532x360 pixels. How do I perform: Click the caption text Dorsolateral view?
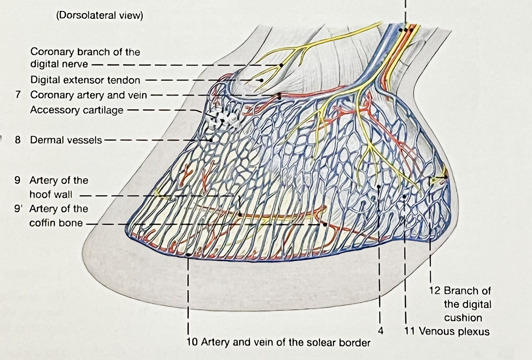coord(99,15)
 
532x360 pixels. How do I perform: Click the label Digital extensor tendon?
coord(85,80)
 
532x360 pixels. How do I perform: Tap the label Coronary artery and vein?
coord(88,95)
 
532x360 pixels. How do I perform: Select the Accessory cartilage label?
coord(77,110)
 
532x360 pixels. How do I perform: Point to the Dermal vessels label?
coord(66,140)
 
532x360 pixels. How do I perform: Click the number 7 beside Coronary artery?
coord(18,95)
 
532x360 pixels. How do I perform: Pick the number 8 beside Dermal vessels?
coord(18,140)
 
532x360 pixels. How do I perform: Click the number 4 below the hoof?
coord(381,331)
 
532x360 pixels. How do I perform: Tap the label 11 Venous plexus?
coord(447,331)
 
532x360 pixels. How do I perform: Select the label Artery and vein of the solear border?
coord(278,342)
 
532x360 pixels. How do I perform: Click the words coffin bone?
coord(56,223)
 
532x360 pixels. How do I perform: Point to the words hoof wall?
coord(51,194)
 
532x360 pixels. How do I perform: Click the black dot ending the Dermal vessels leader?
coord(211,140)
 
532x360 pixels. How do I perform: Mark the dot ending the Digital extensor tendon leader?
coord(261,80)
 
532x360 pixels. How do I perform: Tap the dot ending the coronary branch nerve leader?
coord(281,65)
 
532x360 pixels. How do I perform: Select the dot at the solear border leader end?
coord(188,254)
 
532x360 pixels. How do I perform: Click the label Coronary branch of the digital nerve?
coord(85,58)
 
